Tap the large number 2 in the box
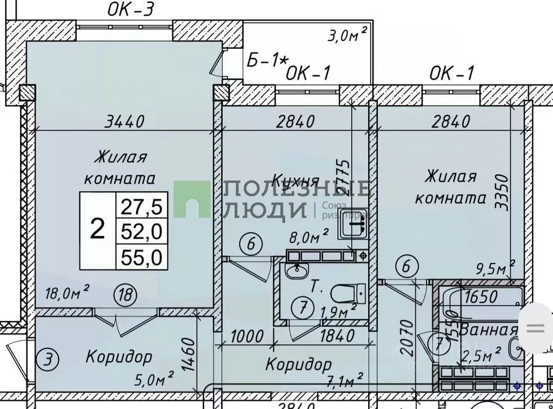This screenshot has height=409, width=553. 97,230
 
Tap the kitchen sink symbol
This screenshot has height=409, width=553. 352,223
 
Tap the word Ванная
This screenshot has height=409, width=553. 489,329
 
